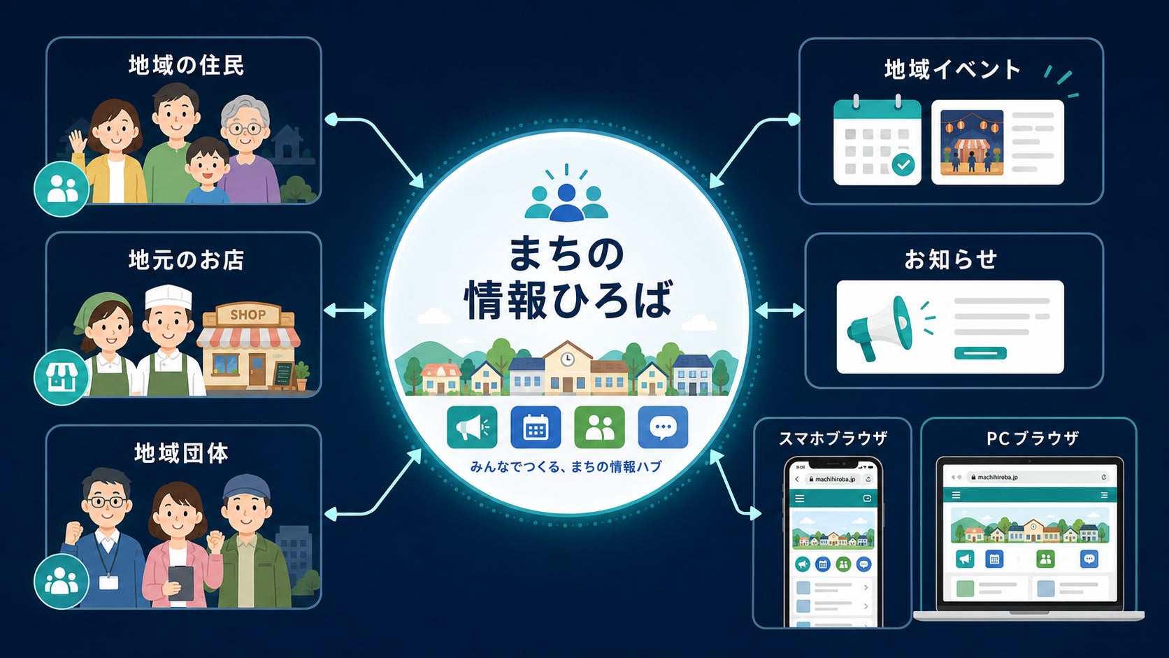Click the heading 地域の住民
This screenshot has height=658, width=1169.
(186, 66)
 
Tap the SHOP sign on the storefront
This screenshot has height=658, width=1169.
(248, 315)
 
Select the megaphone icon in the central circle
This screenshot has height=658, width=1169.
(472, 427)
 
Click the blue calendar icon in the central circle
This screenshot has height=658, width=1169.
(536, 427)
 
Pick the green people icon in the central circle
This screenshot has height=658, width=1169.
(599, 427)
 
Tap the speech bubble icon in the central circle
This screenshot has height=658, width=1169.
(663, 427)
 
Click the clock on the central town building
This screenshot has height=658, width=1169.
(567, 359)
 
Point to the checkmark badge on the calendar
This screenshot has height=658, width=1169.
(903, 165)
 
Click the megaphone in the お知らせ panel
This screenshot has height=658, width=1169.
(880, 329)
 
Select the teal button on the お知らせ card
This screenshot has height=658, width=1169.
(980, 353)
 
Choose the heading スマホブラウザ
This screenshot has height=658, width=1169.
(833, 438)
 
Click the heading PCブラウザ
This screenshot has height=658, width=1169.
(1032, 438)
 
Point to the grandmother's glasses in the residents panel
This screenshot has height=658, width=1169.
(245, 128)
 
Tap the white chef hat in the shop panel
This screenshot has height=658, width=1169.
(168, 297)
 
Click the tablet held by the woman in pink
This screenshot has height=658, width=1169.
(180, 583)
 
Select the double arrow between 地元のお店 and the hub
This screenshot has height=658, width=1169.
(350, 311)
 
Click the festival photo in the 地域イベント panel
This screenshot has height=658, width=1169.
(972, 143)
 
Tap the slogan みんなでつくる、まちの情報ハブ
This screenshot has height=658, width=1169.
(566, 466)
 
